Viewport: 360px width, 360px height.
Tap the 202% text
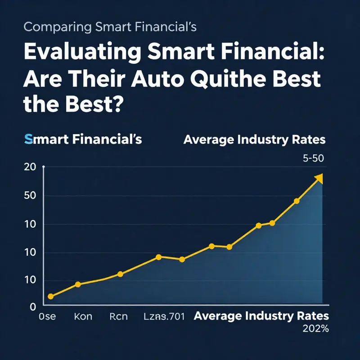point(316,329)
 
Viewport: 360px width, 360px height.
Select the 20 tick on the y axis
point(29,167)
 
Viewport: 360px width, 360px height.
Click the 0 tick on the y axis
point(32,306)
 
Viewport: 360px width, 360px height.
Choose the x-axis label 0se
point(47,316)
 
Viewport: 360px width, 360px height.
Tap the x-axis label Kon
point(82,316)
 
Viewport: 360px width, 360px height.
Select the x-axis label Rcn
point(119,316)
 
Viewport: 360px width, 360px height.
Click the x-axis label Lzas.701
point(164,316)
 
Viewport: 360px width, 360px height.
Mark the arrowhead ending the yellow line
point(319,179)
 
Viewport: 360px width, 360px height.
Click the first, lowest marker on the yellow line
point(50,296)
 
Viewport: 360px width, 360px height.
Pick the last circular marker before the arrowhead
point(296,201)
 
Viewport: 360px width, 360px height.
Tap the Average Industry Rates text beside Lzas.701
point(261,316)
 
